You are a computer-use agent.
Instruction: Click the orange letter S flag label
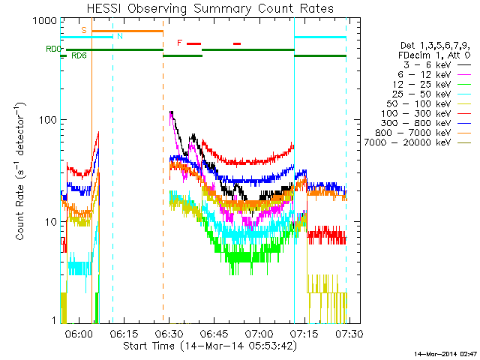point(84,30)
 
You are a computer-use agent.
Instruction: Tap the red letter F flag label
point(179,43)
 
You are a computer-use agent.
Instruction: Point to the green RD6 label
point(79,55)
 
